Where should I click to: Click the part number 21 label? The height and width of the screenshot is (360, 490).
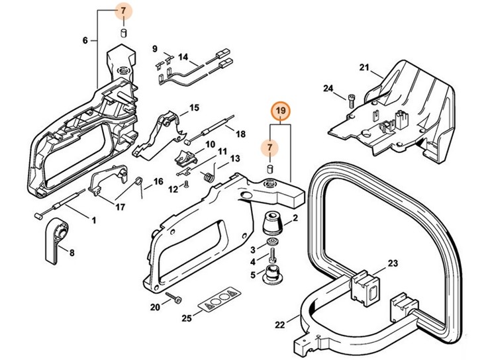pyautogui.click(x=363, y=67)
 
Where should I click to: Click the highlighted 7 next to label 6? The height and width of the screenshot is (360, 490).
pyautogui.click(x=122, y=11)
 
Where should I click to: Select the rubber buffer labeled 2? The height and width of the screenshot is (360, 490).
pyautogui.click(x=271, y=224)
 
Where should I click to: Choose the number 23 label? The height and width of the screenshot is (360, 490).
pyautogui.click(x=393, y=263)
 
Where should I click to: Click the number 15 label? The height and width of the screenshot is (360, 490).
pyautogui.click(x=194, y=107)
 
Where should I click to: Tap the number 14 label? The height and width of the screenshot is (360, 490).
pyautogui.click(x=183, y=56)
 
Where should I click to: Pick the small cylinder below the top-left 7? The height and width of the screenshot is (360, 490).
pyautogui.click(x=122, y=33)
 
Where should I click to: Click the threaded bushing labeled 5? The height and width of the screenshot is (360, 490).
pyautogui.click(x=271, y=273)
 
